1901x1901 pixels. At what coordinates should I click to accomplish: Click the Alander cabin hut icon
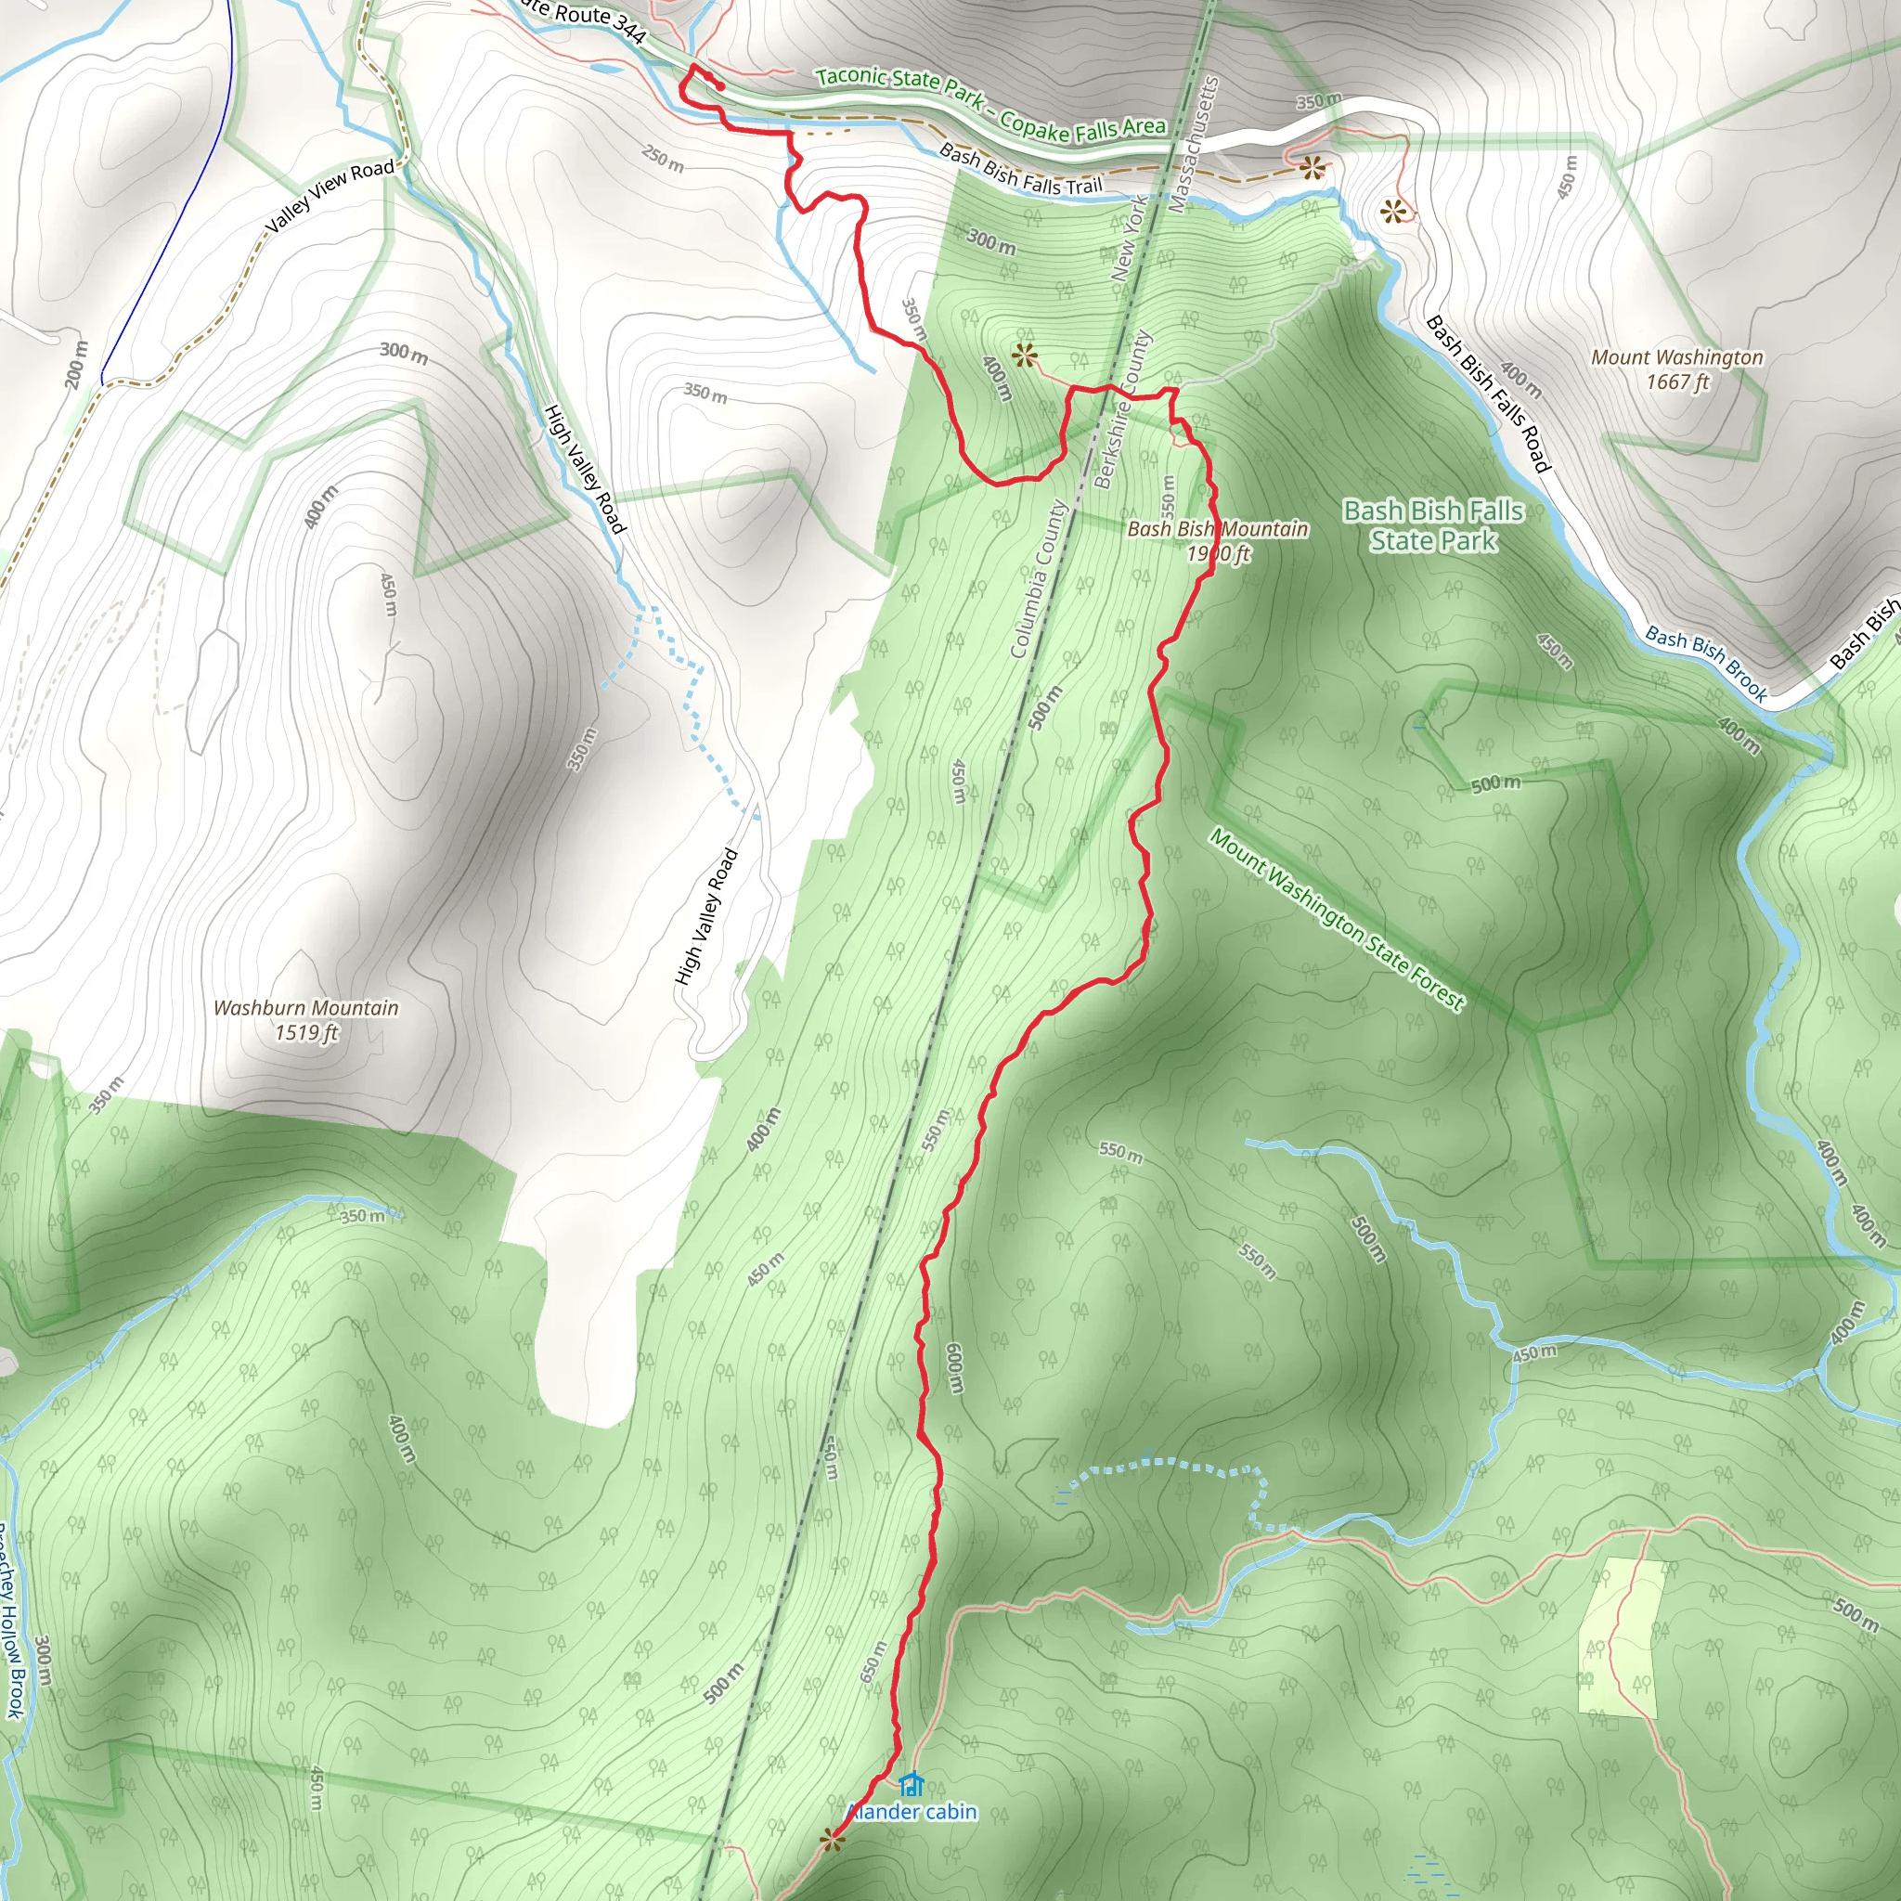point(912,1783)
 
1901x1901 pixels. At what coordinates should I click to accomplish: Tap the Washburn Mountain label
point(306,1019)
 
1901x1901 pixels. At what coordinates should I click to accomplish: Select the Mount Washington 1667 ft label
point(1676,369)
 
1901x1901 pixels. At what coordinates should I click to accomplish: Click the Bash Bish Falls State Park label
point(1432,525)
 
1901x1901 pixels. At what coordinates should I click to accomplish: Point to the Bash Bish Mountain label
point(1217,540)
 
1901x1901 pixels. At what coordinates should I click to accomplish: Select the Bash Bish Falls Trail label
point(1020,169)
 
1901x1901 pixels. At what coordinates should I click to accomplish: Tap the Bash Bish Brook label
point(1705,662)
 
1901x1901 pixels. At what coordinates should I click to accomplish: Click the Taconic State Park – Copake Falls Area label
point(989,101)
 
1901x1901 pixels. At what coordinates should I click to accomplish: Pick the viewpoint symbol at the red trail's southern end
point(834,1838)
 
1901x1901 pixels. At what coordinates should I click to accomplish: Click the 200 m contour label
point(77,363)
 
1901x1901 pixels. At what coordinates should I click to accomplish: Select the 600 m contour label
point(953,1367)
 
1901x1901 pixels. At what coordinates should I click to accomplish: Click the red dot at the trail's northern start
point(720,86)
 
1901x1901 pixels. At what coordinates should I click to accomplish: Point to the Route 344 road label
point(585,19)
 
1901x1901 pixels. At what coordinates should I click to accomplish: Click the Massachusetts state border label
point(1194,145)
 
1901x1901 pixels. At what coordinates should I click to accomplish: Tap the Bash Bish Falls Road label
point(1488,393)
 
